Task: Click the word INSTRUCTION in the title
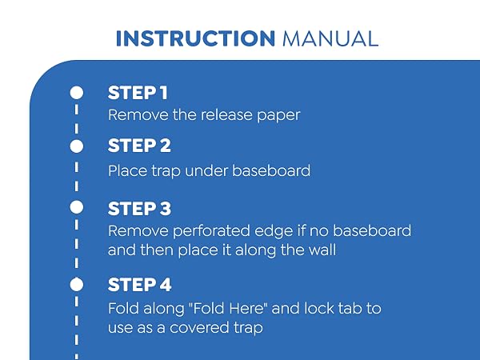point(195,38)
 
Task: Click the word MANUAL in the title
point(330,38)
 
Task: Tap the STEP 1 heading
point(138,93)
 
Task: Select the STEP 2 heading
point(139,146)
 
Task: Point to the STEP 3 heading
point(139,209)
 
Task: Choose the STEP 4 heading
point(139,285)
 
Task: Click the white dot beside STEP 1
point(77,93)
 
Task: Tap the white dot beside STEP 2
point(77,146)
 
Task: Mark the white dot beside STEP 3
point(77,207)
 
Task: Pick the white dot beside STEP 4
point(77,285)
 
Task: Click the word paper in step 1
point(278,116)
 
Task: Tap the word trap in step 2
point(166,172)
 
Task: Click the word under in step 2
point(206,170)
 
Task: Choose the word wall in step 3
point(322,250)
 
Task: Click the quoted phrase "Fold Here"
point(229,308)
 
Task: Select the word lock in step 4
point(314,308)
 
